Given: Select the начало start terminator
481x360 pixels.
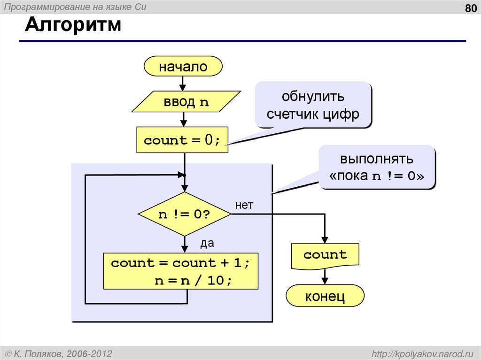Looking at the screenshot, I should coord(183,66).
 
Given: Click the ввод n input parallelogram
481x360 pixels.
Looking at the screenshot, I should coord(186,102).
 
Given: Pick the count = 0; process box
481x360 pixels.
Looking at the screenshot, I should coord(182,140).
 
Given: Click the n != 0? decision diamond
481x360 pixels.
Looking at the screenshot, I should coord(184,214).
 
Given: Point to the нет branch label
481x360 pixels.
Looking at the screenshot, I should coord(244,205).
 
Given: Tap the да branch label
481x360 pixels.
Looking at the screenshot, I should coord(207,243).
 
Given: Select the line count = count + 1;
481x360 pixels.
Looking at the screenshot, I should coord(180,263).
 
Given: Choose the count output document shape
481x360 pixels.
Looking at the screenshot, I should coord(325,255).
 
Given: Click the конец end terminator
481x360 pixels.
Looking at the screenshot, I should coord(325,296).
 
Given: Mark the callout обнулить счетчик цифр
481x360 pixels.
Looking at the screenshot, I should coord(313,105).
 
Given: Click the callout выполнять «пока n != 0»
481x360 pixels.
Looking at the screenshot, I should coord(377,167).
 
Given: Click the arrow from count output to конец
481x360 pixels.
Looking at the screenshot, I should coord(325,277).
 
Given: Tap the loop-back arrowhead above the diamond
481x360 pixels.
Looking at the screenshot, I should coord(181,175).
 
